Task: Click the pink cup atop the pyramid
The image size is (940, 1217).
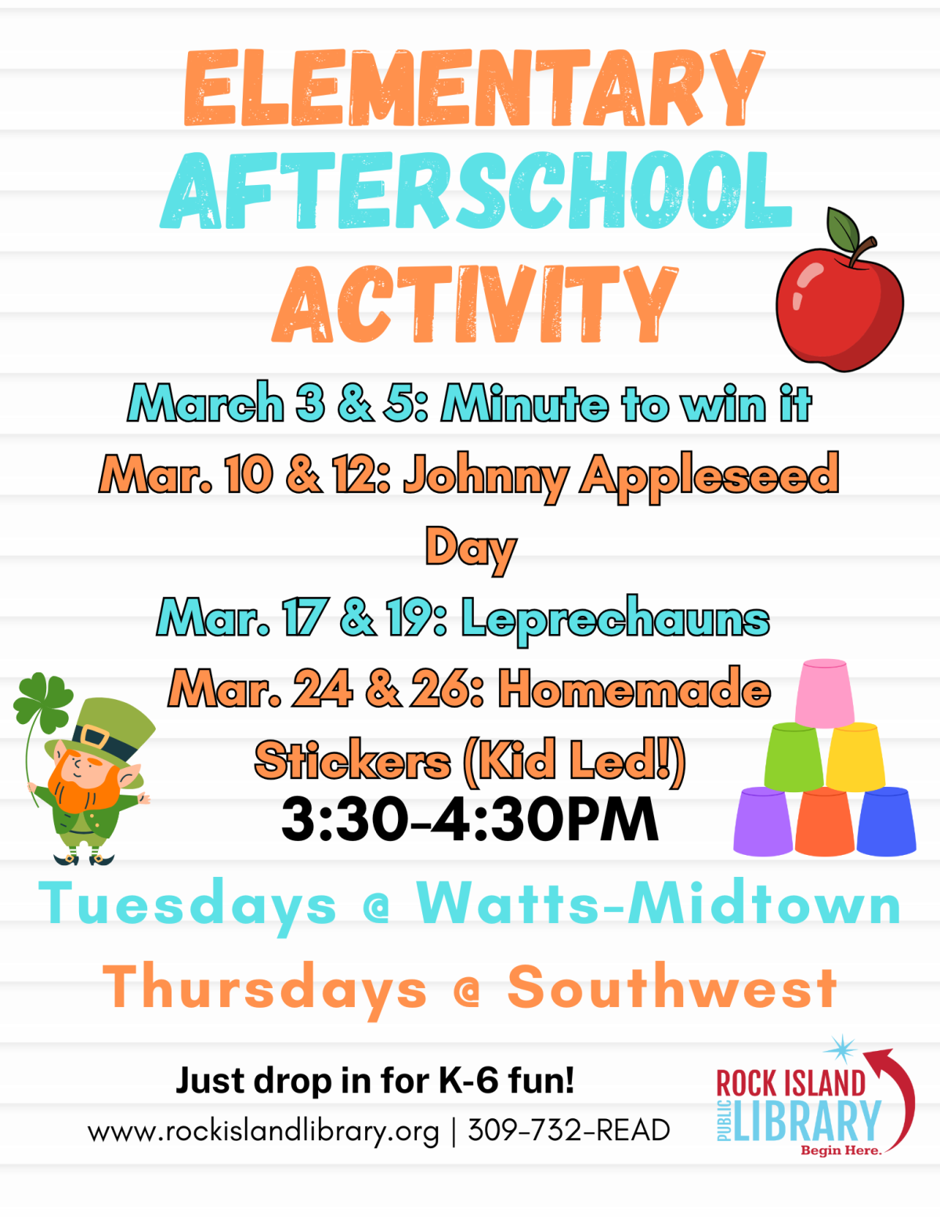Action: coord(824,693)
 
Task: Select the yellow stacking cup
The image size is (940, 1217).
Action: coord(855,756)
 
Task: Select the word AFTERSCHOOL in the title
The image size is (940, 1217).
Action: coord(475,192)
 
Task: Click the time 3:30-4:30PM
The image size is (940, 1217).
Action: coord(469,820)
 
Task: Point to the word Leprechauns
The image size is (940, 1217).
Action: coord(615,619)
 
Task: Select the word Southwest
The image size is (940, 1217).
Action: coord(672,987)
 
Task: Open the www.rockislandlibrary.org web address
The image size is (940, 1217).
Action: coord(263,1131)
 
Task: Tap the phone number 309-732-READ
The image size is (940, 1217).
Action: coord(569,1130)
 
